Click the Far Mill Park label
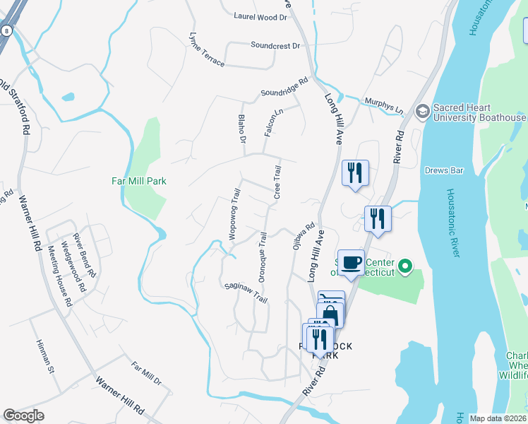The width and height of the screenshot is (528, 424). pyautogui.click(x=139, y=181)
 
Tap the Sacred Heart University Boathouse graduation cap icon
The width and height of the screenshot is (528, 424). pyautogui.click(x=422, y=111)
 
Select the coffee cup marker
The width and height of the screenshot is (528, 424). pyautogui.click(x=351, y=264)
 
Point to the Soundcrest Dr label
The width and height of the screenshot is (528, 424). pyautogui.click(x=275, y=45)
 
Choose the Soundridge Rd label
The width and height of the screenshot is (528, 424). pyautogui.click(x=284, y=88)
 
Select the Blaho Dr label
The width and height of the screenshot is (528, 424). pyautogui.click(x=241, y=129)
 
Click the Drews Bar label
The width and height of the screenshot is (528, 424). pyautogui.click(x=443, y=170)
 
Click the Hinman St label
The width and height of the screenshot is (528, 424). pyautogui.click(x=45, y=355)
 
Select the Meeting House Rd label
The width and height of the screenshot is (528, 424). pyautogui.click(x=59, y=276)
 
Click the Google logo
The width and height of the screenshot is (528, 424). pyautogui.click(x=24, y=416)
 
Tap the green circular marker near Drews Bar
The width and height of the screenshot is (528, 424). pyautogui.click(x=404, y=267)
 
